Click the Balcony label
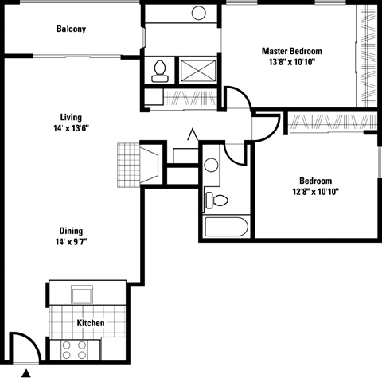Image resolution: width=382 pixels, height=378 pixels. [x=71, y=30]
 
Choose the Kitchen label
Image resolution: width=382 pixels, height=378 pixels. [x=90, y=324]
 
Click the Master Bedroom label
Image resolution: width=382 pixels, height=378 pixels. [x=297, y=52]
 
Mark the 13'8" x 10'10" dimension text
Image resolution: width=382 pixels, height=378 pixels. [x=297, y=64]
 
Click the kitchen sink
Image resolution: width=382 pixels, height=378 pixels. [x=83, y=294]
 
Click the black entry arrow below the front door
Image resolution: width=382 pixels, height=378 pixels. [x=26, y=372]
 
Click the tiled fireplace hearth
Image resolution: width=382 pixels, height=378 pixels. [x=128, y=165]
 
